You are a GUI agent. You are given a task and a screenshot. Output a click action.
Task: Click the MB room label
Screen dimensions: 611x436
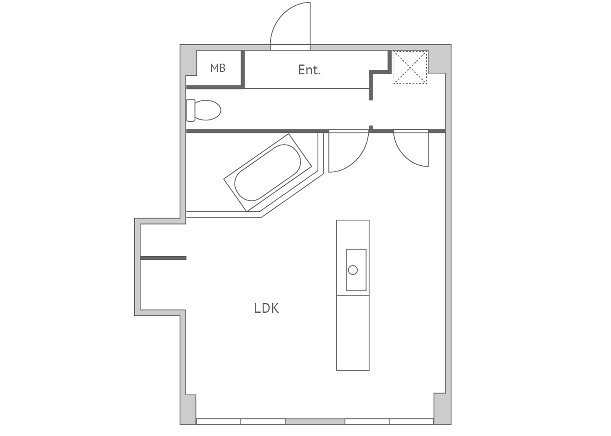tap(218, 68)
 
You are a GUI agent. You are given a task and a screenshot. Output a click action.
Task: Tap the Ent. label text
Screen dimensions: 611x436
tap(309, 70)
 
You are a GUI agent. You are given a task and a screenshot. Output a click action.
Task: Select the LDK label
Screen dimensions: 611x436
tap(266, 308)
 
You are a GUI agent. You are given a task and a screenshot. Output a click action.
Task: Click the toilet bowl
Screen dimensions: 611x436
tap(208, 110)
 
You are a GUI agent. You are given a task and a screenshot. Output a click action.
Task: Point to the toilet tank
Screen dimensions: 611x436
tap(191, 110)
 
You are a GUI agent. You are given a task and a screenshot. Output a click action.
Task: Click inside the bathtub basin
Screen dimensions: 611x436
tap(268, 172)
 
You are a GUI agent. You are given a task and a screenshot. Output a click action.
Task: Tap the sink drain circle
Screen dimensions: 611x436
tap(353, 270)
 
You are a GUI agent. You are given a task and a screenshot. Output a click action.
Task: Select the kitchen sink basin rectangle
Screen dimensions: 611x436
tap(356, 270)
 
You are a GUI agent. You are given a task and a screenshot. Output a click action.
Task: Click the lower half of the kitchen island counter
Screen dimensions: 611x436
tap(353, 333)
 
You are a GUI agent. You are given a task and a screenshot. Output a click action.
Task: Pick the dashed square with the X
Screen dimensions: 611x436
tap(410, 67)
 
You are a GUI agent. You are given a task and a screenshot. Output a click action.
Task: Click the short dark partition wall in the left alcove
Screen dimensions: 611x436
tap(163, 258)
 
